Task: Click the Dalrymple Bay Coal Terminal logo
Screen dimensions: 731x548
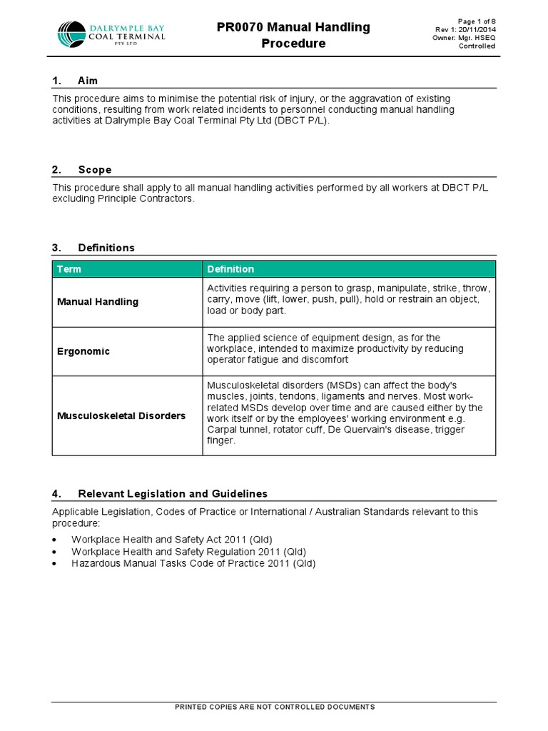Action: [x=111, y=34]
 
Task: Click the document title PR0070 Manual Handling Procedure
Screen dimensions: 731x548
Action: [x=293, y=35]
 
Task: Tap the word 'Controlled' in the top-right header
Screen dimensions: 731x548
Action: [x=477, y=46]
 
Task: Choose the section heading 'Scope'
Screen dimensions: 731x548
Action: [x=94, y=170]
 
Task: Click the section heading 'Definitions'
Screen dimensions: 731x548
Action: [x=106, y=248]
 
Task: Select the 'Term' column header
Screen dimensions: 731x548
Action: [x=69, y=269]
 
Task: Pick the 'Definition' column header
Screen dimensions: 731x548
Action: [x=230, y=269]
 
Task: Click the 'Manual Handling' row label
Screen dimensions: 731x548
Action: [x=98, y=302]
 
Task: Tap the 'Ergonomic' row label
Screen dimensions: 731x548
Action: [x=83, y=352]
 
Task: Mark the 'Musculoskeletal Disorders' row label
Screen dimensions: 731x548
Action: [x=121, y=415]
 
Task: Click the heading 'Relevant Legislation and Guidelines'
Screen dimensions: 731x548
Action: [x=172, y=493]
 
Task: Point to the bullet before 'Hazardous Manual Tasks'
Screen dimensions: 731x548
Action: [x=55, y=564]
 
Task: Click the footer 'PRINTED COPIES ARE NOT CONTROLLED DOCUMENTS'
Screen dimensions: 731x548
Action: [x=275, y=707]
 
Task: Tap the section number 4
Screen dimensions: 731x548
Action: [x=56, y=493]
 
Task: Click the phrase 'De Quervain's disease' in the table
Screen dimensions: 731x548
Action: [x=374, y=430]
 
